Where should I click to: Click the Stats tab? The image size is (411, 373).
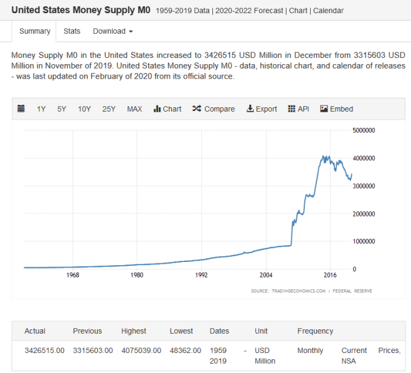pyautogui.click(x=72, y=31)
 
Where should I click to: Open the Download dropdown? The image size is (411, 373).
pyautogui.click(x=113, y=31)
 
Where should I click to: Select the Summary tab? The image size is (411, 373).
pyautogui.click(x=35, y=31)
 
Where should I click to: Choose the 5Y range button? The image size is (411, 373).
pyautogui.click(x=62, y=109)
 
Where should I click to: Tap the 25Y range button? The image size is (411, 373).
pyautogui.click(x=109, y=109)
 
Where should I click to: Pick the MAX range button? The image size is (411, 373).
pyautogui.click(x=135, y=109)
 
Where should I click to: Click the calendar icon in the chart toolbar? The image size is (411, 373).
pyautogui.click(x=21, y=109)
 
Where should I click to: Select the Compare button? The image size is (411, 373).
pyautogui.click(x=214, y=109)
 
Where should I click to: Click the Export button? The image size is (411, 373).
pyautogui.click(x=262, y=109)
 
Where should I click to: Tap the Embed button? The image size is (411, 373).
pyautogui.click(x=336, y=109)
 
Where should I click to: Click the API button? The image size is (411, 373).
pyautogui.click(x=298, y=109)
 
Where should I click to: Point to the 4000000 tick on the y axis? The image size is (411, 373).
pyautogui.click(x=364, y=158)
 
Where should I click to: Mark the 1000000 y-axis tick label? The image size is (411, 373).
pyautogui.click(x=364, y=241)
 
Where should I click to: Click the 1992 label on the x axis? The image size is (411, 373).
pyautogui.click(x=201, y=275)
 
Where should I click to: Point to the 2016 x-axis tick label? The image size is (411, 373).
pyautogui.click(x=330, y=275)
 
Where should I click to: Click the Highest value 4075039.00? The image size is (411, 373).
pyautogui.click(x=141, y=351)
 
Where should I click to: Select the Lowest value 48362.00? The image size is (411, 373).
pyautogui.click(x=186, y=351)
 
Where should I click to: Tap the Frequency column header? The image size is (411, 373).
pyautogui.click(x=315, y=331)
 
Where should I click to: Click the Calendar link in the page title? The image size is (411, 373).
pyautogui.click(x=328, y=11)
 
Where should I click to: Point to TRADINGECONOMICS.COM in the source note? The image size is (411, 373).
pyautogui.click(x=298, y=291)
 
